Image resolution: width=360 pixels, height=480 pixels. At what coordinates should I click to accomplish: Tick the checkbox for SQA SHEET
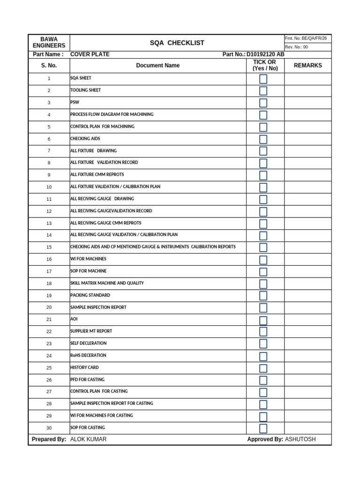click(263, 79)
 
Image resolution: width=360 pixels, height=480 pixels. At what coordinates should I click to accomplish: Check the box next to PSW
click(263, 103)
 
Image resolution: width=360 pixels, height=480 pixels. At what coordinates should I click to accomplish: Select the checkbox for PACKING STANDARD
click(263, 296)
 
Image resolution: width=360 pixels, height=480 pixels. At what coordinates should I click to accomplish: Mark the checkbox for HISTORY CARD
click(263, 368)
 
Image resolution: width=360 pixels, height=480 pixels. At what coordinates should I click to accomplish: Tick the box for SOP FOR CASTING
click(263, 428)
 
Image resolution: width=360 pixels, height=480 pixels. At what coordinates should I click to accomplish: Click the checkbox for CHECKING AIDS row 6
click(263, 139)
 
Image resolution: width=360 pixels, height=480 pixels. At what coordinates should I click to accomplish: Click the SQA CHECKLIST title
click(177, 43)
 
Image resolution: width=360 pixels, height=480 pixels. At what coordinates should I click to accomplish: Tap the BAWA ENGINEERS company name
click(49, 42)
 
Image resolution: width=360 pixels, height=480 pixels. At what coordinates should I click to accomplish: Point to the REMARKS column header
click(307, 66)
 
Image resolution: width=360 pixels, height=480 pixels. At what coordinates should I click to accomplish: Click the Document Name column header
click(157, 66)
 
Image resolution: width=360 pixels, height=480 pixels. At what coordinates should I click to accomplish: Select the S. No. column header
click(49, 66)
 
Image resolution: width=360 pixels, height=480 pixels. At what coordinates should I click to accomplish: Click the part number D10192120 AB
click(265, 54)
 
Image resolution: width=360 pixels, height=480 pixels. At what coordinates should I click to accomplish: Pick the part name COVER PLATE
click(90, 54)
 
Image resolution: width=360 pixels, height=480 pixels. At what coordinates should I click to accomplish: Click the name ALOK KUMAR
click(88, 439)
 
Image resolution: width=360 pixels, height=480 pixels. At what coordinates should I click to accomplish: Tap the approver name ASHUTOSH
click(300, 439)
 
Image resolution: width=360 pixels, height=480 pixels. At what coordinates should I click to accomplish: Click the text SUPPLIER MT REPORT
click(91, 331)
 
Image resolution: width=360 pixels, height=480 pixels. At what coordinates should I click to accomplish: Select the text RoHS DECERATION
click(88, 356)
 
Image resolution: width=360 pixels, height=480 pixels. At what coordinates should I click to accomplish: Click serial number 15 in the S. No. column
click(49, 247)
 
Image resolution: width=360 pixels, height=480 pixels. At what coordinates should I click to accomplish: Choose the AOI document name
click(74, 319)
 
